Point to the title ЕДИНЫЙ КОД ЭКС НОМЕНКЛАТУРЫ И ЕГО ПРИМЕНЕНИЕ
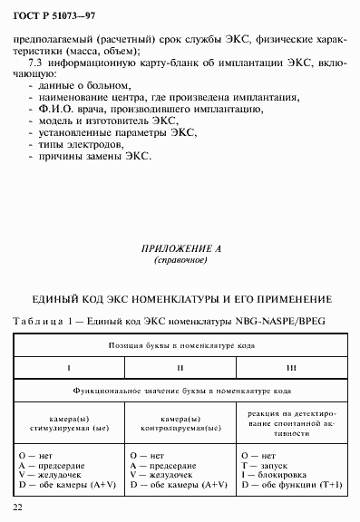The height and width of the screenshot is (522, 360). tap(181, 299)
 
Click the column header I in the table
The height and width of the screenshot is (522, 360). tap(70, 368)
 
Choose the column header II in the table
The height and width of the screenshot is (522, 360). tap(180, 368)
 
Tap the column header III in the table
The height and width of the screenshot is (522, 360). tap(291, 368)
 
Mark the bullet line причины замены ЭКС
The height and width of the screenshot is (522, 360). tap(90, 155)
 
